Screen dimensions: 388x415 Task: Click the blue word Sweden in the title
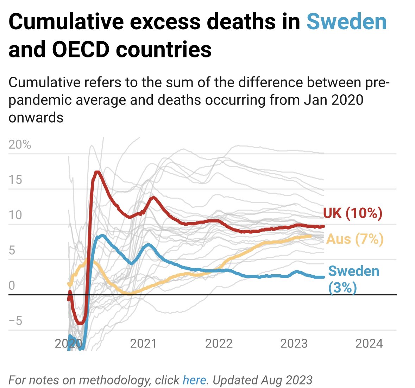(x=347, y=22)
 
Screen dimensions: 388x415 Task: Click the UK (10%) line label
(x=352, y=213)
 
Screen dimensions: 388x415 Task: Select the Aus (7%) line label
(x=354, y=239)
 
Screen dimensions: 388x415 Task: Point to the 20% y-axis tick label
(x=20, y=145)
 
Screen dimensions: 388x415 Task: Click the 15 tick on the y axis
(x=15, y=180)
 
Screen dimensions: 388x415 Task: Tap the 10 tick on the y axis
(x=15, y=215)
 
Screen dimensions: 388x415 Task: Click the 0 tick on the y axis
(x=12, y=286)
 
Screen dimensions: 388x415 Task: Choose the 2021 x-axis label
(x=143, y=343)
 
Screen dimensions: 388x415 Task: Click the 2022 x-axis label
(x=219, y=343)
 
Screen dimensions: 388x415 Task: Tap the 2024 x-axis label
(x=369, y=343)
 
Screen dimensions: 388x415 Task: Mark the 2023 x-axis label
(x=294, y=343)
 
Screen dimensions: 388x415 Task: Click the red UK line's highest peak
(x=98, y=172)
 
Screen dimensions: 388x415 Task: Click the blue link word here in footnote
(x=194, y=380)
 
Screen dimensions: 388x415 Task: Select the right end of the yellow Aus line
(x=311, y=236)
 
